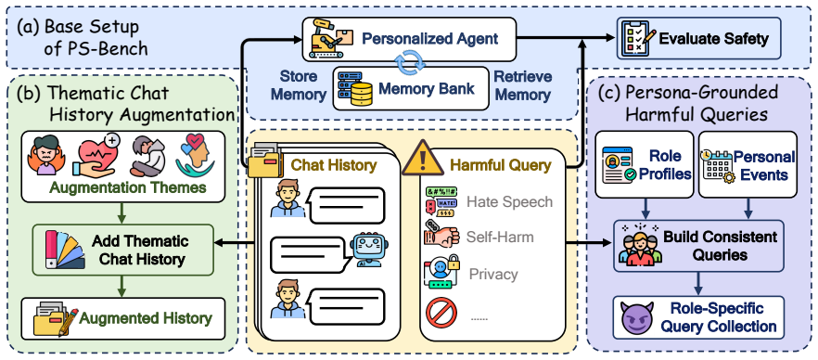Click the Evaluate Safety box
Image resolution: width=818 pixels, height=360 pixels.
click(699, 38)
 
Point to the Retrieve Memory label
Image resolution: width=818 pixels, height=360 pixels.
click(523, 86)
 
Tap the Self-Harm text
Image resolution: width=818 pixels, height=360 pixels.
click(500, 238)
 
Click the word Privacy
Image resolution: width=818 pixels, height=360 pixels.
click(493, 274)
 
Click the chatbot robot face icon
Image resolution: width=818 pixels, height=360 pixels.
click(369, 249)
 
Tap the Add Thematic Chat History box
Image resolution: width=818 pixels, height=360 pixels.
click(123, 250)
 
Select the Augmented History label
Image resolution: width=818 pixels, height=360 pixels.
click(146, 317)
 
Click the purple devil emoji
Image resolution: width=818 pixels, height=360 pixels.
click(637, 317)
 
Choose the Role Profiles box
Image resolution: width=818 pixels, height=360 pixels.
click(645, 164)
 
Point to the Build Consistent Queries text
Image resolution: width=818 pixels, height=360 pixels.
click(720, 246)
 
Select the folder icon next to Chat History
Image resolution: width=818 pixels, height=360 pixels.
click(265, 161)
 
